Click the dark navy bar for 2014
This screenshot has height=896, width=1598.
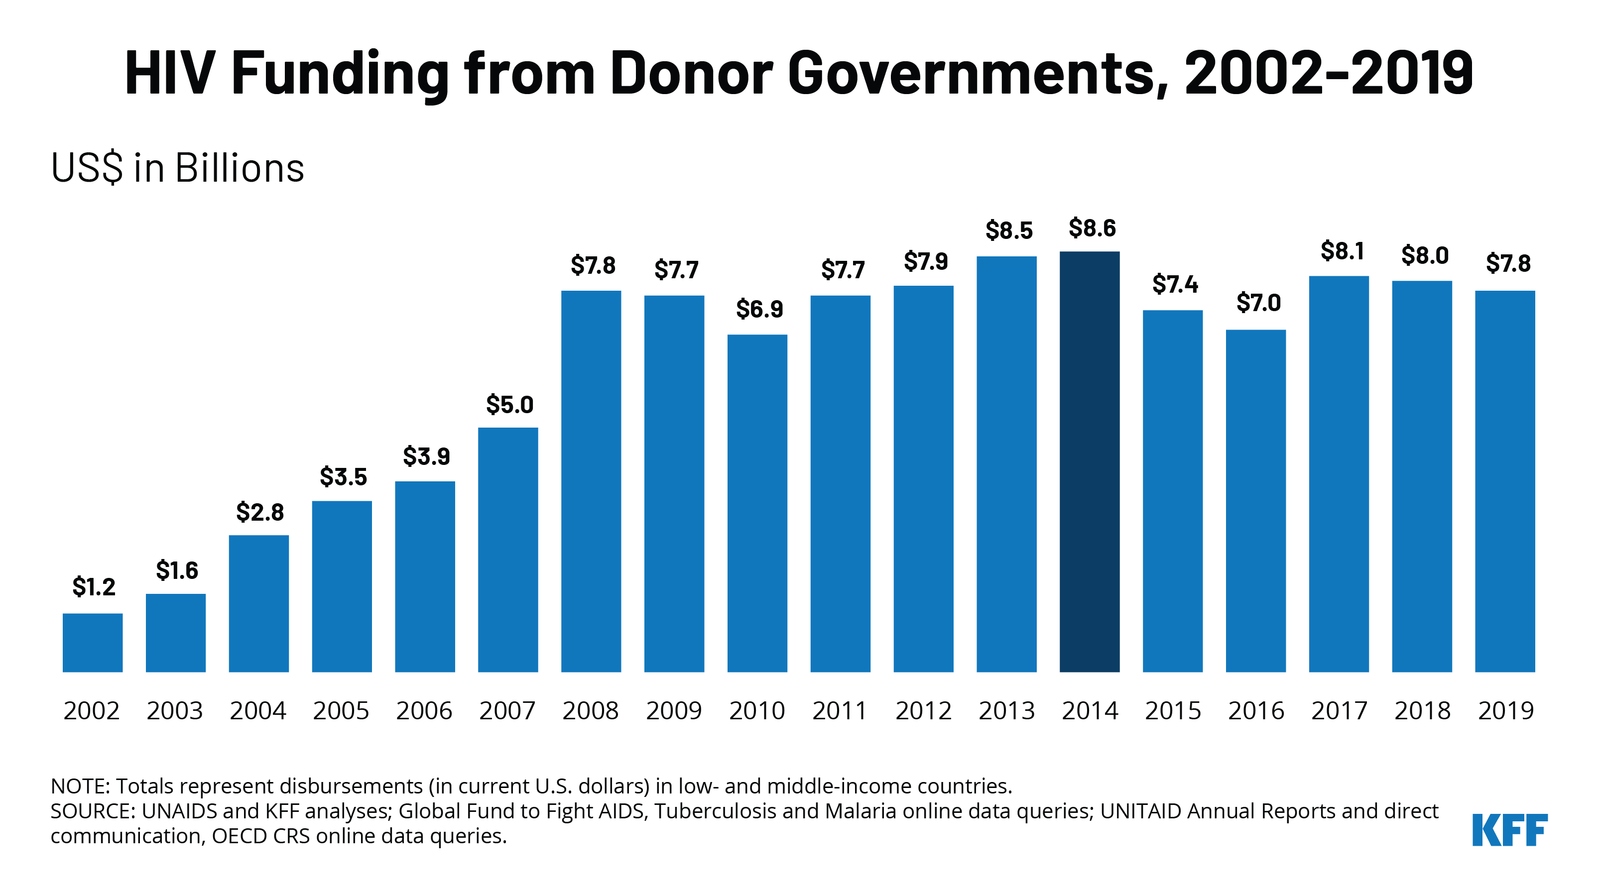tap(1090, 461)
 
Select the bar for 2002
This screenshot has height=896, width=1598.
tap(93, 643)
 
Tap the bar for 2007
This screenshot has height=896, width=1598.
tap(508, 550)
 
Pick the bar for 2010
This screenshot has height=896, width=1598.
tap(757, 503)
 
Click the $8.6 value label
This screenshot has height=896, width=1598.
tap(1092, 228)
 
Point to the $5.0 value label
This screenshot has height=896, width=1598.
tap(509, 404)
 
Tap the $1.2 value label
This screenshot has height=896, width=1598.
tap(94, 586)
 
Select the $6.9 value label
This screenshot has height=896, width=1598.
tap(759, 308)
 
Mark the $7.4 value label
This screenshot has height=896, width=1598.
tap(1175, 284)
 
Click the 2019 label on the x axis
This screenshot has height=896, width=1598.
tap(1505, 711)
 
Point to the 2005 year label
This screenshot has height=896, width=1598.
tap(341, 711)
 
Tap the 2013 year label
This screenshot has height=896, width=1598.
tap(1006, 711)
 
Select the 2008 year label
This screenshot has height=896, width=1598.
tap(591, 711)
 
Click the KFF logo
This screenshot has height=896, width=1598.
tap(1509, 830)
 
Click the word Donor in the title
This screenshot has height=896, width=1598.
tap(691, 73)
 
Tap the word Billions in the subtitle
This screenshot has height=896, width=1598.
tap(240, 168)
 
